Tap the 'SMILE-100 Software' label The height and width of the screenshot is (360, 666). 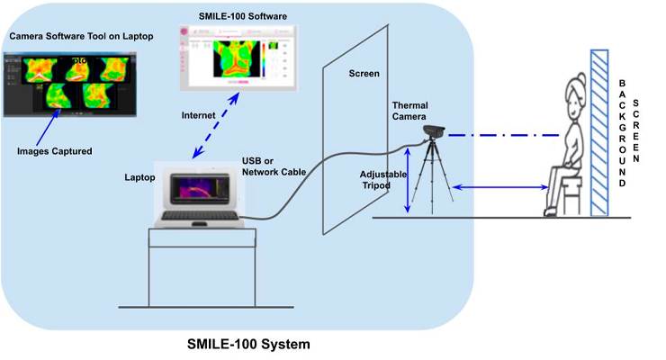(x=237, y=17)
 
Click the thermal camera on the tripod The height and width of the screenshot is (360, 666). (x=434, y=131)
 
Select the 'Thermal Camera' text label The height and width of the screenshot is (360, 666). (x=410, y=112)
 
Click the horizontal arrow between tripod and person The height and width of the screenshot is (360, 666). (x=500, y=187)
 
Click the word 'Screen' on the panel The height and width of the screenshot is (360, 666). (x=363, y=73)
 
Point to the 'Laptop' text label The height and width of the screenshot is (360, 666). (x=140, y=177)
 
